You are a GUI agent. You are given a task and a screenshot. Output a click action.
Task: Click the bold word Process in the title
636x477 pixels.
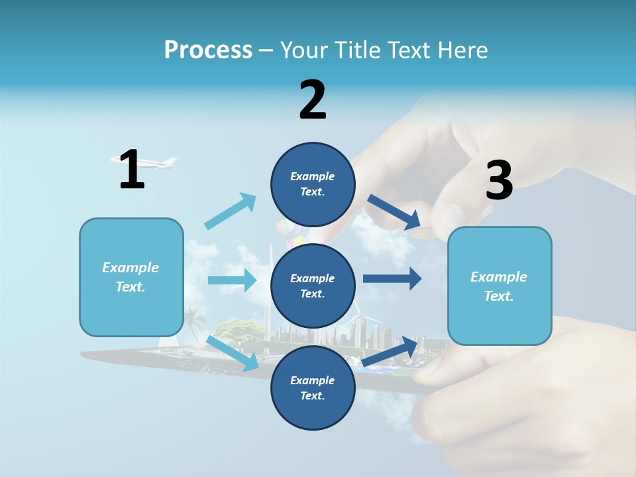[x=208, y=50]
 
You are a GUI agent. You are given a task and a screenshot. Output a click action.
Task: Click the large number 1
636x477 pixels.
[x=132, y=170]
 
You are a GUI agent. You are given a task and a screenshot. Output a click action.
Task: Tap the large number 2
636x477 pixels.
[x=313, y=100]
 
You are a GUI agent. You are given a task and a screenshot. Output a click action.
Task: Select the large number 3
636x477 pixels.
[x=500, y=181]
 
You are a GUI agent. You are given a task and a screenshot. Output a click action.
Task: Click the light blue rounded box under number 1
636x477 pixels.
[x=131, y=277]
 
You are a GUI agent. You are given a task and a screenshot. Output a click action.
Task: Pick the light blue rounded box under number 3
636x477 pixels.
[x=500, y=286]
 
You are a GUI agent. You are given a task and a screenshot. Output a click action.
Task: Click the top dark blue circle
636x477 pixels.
[x=313, y=184]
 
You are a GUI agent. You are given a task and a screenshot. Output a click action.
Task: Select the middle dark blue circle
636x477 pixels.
[x=313, y=286]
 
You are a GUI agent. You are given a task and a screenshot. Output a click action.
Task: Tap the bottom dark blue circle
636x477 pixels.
[x=313, y=388]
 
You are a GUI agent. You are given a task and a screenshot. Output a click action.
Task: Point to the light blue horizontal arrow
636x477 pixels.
[x=232, y=280]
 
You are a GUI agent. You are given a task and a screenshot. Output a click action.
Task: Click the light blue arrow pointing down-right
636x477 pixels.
[x=233, y=353]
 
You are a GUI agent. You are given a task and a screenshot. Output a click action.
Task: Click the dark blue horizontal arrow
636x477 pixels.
[x=392, y=278]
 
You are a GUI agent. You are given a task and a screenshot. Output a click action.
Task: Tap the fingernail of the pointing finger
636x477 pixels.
[x=450, y=217]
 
